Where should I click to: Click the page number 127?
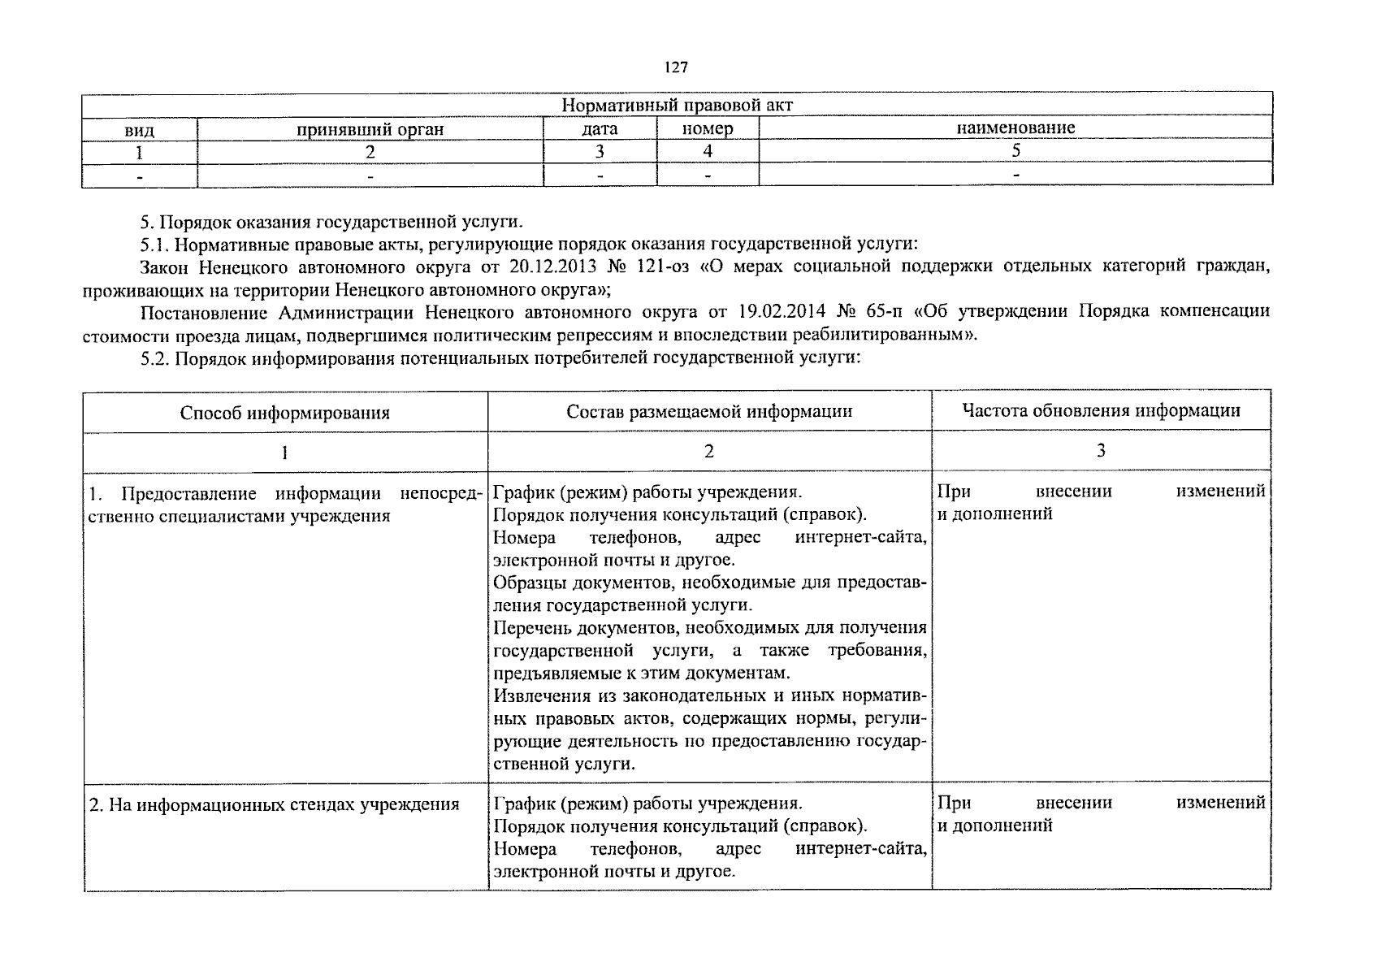pos(676,67)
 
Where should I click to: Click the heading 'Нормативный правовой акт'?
pos(677,105)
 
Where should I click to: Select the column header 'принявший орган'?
pos(370,128)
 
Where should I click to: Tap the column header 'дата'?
pos(600,128)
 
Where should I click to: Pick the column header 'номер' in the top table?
pos(707,128)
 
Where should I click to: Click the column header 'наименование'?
pos(1015,128)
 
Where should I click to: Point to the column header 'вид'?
pos(139,129)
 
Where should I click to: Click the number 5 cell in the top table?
pos(1015,151)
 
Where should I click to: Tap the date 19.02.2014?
pos(782,312)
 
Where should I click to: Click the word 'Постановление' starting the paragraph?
pos(203,312)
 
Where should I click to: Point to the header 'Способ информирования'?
pos(284,413)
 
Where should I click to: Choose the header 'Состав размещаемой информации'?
pos(709,411)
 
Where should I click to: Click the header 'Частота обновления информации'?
pos(1100,410)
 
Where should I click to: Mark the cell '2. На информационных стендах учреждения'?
pos(274,804)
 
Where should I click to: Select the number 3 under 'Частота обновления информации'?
pos(1101,451)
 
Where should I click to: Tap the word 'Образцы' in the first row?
pos(523,583)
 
